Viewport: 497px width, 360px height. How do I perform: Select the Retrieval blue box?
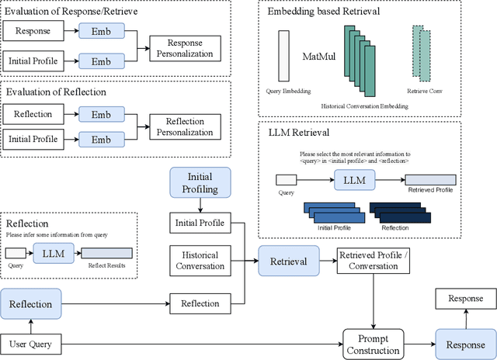[x=288, y=261]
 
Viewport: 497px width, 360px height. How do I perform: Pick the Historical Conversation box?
[x=200, y=261]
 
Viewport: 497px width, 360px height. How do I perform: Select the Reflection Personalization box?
[x=186, y=127]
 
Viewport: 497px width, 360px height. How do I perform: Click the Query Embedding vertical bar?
[x=283, y=55]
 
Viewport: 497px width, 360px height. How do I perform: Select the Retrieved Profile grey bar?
[x=429, y=180]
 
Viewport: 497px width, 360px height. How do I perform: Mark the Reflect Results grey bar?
[x=106, y=253]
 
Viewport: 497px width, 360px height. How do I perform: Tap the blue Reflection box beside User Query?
[x=31, y=304]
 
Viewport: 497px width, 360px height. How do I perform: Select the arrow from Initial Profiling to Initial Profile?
[x=200, y=206]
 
